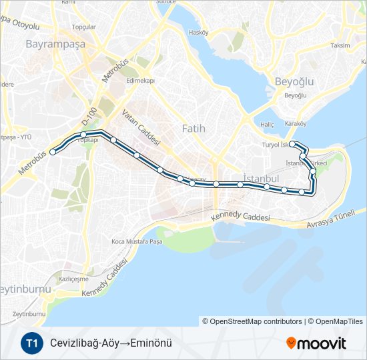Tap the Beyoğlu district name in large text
click(294, 81)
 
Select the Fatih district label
click(194, 128)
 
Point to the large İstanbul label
click(261, 179)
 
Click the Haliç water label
click(268, 124)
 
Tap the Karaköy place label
click(295, 123)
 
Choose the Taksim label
click(340, 45)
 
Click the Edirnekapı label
click(140, 81)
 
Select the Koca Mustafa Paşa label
click(137, 241)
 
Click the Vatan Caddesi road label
click(141, 128)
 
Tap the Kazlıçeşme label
click(73, 279)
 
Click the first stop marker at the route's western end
click(53, 152)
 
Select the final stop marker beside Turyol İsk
click(292, 143)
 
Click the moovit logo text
click(322, 343)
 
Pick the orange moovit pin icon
click(291, 343)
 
